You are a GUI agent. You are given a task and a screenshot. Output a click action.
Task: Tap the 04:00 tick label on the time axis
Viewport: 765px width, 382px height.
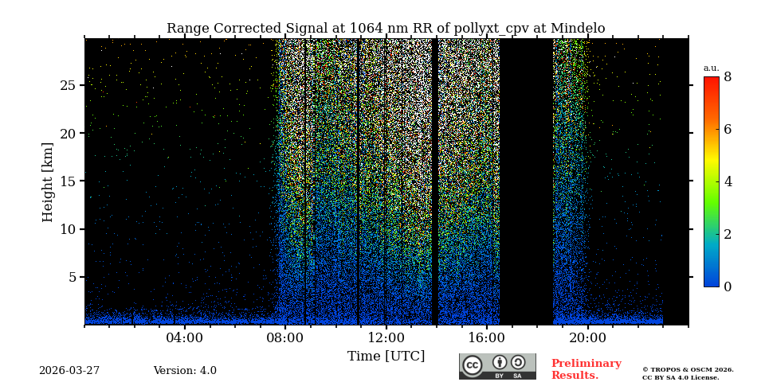pyautogui.click(x=184, y=337)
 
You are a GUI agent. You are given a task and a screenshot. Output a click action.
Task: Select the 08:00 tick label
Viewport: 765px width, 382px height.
pyautogui.click(x=285, y=337)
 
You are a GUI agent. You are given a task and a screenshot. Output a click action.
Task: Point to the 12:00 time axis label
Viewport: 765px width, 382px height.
pyautogui.click(x=386, y=337)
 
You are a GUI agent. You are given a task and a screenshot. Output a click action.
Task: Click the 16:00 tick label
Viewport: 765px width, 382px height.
pyautogui.click(x=487, y=337)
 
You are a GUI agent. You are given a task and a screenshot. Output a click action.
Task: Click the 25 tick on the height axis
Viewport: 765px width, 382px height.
pyautogui.click(x=68, y=85)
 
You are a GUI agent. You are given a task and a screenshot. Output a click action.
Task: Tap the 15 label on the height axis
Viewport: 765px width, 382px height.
pyautogui.click(x=68, y=181)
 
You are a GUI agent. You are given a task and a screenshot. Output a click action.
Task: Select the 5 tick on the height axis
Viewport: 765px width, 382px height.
pyautogui.click(x=72, y=278)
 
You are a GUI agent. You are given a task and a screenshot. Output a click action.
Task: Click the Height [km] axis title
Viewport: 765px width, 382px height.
pyautogui.click(x=48, y=181)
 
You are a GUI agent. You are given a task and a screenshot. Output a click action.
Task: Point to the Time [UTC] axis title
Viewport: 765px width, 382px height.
pyautogui.click(x=386, y=357)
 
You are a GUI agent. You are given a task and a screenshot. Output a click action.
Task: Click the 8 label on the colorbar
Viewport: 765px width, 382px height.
pyautogui.click(x=728, y=77)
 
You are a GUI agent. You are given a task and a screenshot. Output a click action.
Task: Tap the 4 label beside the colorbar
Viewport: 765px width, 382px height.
pyautogui.click(x=728, y=181)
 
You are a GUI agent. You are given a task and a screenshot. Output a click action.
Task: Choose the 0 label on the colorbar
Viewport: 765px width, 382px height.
pyautogui.click(x=728, y=286)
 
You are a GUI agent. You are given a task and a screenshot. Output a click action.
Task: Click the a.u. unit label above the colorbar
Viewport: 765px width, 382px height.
pyautogui.click(x=711, y=68)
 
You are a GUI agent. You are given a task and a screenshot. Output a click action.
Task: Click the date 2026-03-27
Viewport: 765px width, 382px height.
pyautogui.click(x=69, y=371)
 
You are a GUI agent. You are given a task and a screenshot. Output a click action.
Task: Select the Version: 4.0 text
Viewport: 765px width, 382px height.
pyautogui.click(x=185, y=371)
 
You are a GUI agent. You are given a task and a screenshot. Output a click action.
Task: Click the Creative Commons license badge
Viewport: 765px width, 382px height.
pyautogui.click(x=497, y=366)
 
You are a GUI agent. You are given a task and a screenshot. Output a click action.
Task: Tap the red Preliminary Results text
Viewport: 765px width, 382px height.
pyautogui.click(x=586, y=369)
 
